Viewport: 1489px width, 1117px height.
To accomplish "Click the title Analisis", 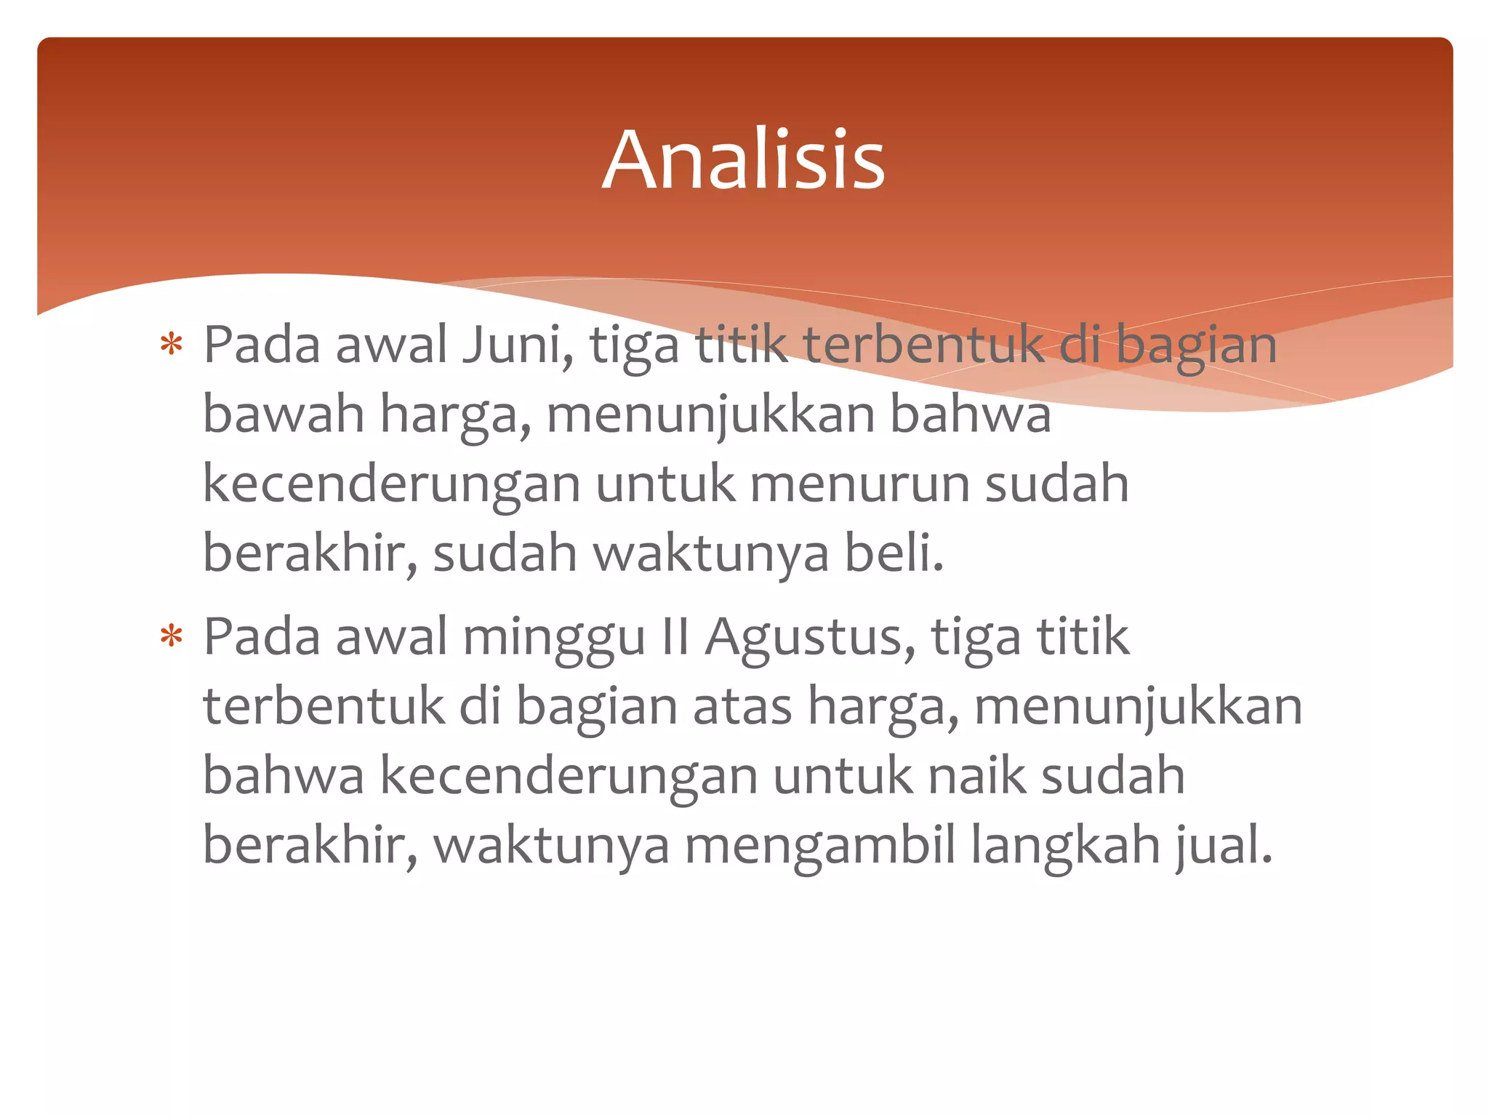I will [x=744, y=160].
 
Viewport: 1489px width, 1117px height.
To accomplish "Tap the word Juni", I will [x=513, y=345].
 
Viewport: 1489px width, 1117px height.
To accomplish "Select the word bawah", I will [x=283, y=414].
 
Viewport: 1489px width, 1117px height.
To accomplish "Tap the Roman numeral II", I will [x=675, y=636].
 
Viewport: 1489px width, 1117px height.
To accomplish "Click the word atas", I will [x=742, y=706].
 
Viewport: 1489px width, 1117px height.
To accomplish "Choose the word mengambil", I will [x=819, y=846].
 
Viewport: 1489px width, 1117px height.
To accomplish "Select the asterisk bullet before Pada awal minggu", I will [x=172, y=636].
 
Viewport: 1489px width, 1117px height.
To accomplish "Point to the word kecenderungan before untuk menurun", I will [x=391, y=484].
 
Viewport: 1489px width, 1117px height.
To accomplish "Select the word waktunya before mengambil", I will [x=551, y=846].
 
